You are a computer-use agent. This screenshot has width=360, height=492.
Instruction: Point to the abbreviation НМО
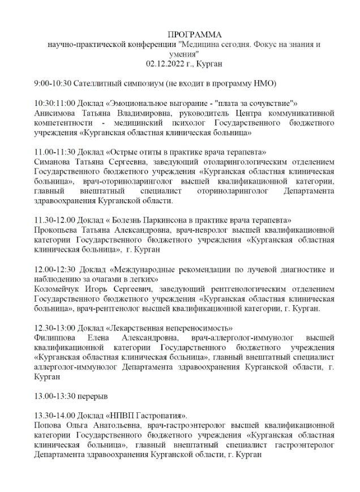coord(264,83)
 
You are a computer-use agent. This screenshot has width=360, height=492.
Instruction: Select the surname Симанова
coord(53,162)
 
